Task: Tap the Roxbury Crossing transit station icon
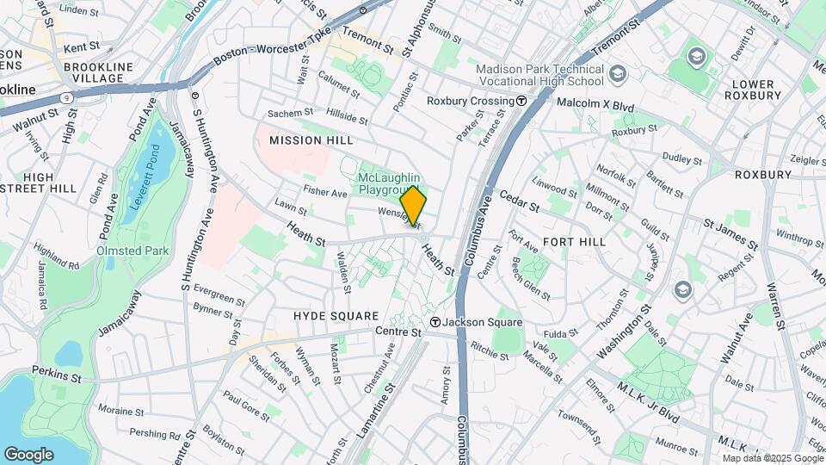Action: (x=521, y=101)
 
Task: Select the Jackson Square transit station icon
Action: (x=436, y=322)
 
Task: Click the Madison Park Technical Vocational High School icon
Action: (x=617, y=75)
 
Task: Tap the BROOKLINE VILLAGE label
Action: (x=98, y=73)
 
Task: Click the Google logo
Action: (x=28, y=454)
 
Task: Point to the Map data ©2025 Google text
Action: (x=772, y=458)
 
